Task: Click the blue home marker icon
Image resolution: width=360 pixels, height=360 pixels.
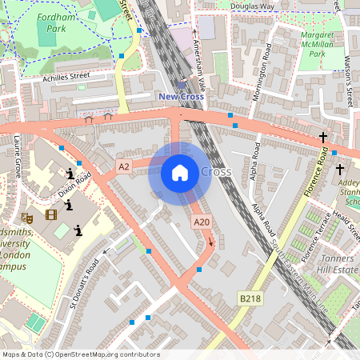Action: pyautogui.click(x=180, y=173)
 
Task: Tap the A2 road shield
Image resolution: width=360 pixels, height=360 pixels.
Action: pyautogui.click(x=123, y=166)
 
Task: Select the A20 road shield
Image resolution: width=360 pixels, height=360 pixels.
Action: pyautogui.click(x=202, y=222)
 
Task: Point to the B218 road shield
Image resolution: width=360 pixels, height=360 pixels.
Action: pyautogui.click(x=250, y=298)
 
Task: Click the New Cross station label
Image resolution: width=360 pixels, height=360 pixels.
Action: pyautogui.click(x=181, y=97)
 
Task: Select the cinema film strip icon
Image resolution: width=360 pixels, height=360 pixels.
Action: pyautogui.click(x=51, y=214)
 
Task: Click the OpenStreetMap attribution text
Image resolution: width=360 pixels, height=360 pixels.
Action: pyautogui.click(x=81, y=354)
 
